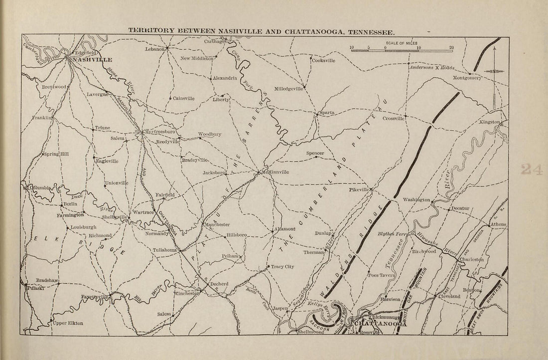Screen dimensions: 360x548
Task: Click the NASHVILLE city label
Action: click(x=92, y=59)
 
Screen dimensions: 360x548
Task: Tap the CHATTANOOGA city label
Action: click(x=381, y=324)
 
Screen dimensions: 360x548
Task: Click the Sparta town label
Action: click(x=327, y=113)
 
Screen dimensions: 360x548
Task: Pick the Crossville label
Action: click(x=393, y=118)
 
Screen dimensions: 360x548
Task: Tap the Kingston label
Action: click(x=489, y=122)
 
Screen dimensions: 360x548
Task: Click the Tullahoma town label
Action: click(x=165, y=249)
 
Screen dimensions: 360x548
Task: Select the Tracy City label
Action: click(x=282, y=267)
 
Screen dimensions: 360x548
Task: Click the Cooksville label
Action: click(x=324, y=60)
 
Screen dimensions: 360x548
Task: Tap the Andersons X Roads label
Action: click(x=431, y=67)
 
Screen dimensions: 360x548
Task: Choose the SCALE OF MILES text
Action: click(x=402, y=43)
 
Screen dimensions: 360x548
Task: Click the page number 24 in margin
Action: click(x=532, y=170)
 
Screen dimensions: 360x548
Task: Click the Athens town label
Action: click(x=498, y=224)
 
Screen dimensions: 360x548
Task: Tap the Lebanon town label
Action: click(x=155, y=49)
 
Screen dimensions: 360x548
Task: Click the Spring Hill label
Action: click(x=56, y=154)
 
